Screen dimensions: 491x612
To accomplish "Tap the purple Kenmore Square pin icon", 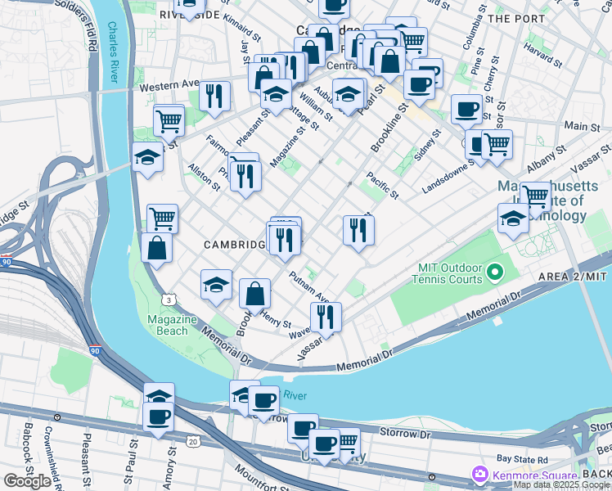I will (479, 474).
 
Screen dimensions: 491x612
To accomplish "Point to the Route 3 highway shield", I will (167, 301).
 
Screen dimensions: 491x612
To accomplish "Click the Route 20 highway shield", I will (192, 441).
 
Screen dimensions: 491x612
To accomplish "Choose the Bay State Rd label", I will (520, 461).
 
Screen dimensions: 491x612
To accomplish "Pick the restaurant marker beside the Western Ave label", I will (214, 96).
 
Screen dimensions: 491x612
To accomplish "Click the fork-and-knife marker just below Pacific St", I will (358, 230).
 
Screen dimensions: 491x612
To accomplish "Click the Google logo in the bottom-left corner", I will (27, 480).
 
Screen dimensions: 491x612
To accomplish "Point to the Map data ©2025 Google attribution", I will (561, 484).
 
